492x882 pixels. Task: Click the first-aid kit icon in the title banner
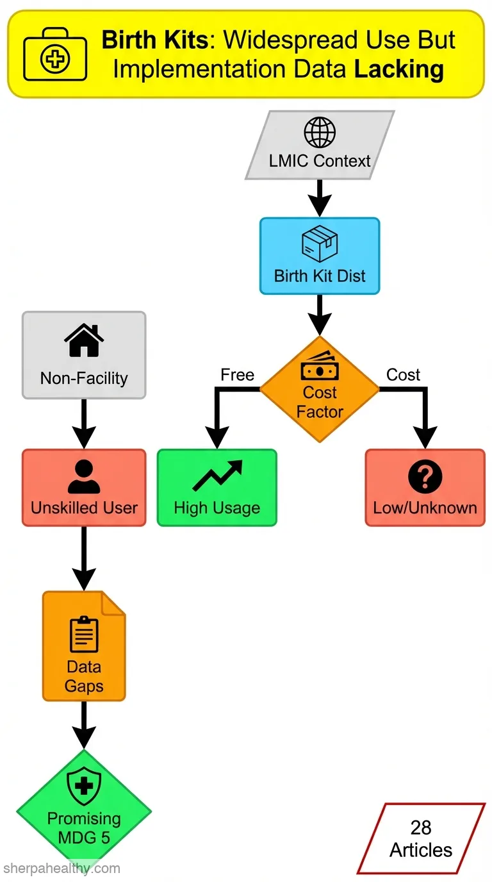click(55, 54)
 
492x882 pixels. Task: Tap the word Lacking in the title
click(399, 70)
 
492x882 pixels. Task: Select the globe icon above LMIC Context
click(320, 132)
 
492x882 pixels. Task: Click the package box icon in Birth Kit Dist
click(320, 244)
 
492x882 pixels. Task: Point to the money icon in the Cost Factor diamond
click(320, 366)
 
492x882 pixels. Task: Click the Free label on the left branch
click(237, 375)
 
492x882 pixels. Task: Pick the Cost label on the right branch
click(403, 375)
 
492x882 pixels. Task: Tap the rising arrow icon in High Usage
click(217, 476)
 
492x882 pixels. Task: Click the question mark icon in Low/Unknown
click(425, 476)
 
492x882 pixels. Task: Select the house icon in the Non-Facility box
click(84, 340)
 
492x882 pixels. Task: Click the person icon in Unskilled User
click(84, 477)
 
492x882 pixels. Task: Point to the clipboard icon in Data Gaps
click(84, 635)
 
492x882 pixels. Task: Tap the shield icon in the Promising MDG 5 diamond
click(84, 787)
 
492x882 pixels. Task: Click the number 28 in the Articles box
click(421, 828)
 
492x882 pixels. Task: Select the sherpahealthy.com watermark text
click(61, 868)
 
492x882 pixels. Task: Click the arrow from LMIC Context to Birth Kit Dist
click(320, 198)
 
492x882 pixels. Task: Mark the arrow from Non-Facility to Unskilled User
click(84, 424)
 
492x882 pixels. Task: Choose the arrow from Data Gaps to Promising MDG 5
click(84, 725)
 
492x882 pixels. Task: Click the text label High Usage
click(217, 508)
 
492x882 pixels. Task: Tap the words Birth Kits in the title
click(154, 40)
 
